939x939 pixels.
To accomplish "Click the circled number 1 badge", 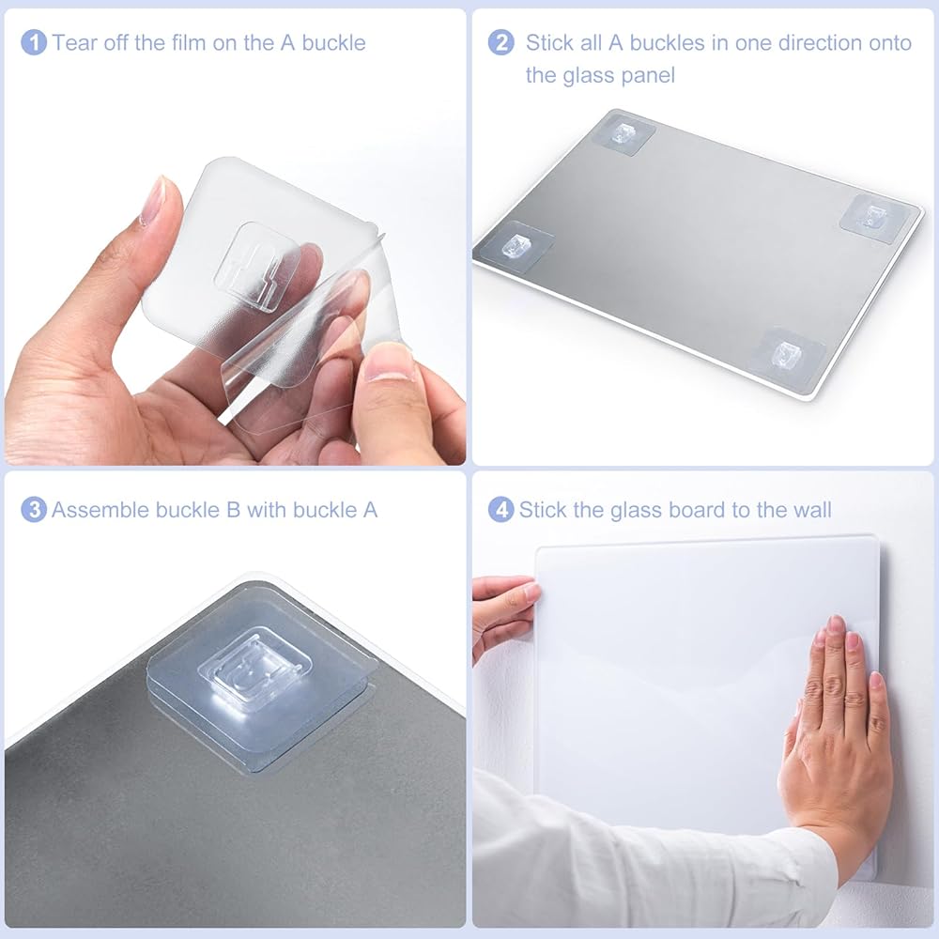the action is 34,42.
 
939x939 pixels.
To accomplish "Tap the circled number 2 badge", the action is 500,42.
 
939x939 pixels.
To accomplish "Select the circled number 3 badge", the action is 34,510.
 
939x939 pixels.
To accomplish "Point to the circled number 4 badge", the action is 500,510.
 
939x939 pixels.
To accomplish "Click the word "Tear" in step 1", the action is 75,42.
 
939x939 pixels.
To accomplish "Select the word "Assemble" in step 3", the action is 100,510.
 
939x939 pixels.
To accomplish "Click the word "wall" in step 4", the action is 812,510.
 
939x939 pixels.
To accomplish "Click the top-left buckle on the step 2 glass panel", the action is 623,134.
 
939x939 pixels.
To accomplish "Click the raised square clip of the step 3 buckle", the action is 254,664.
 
